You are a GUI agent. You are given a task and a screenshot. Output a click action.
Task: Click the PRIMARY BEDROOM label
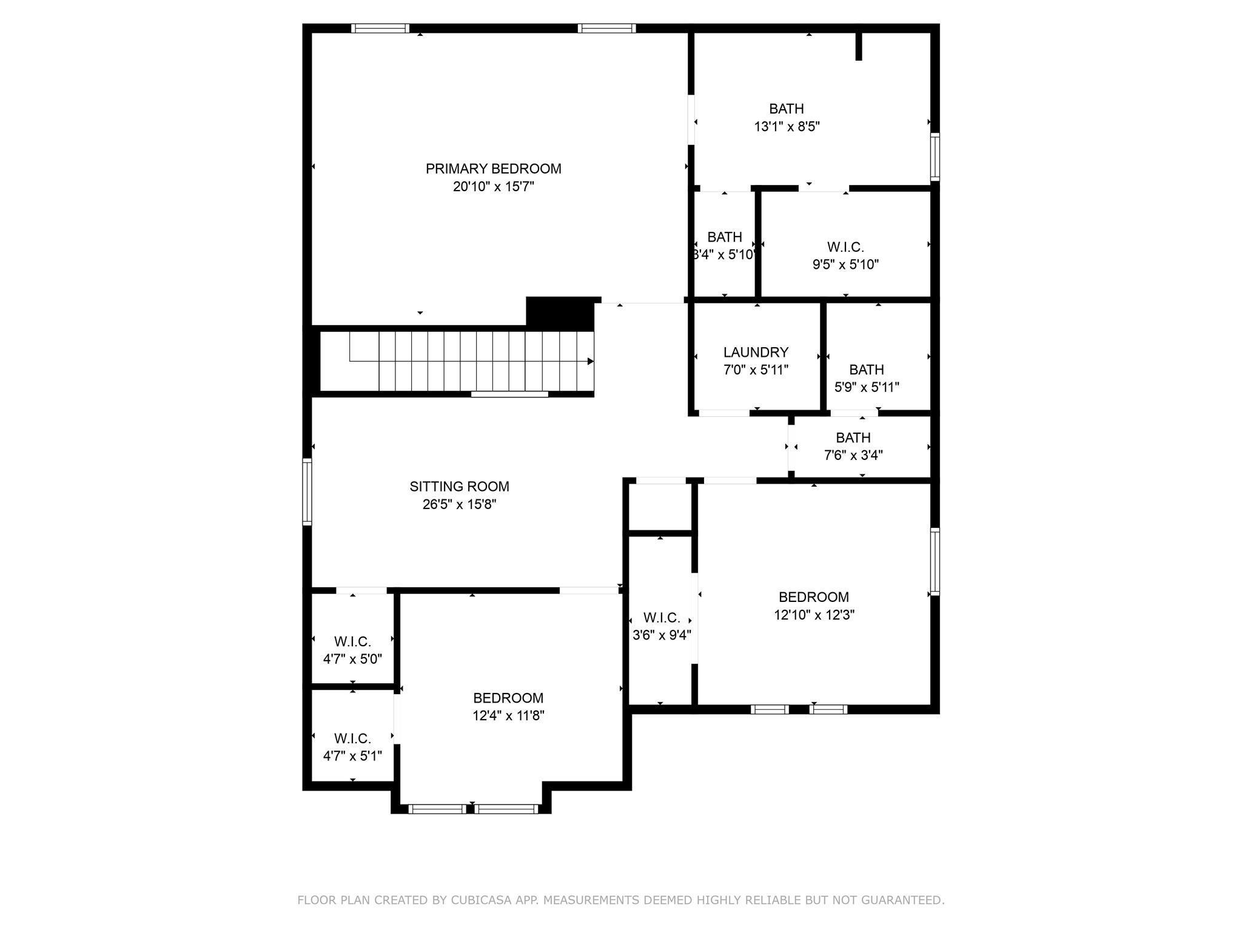(493, 169)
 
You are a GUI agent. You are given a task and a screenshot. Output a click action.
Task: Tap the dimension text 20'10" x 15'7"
(493, 187)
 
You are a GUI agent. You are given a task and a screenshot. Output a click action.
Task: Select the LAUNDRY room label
(756, 353)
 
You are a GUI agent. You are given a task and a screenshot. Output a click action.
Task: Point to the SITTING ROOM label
(459, 487)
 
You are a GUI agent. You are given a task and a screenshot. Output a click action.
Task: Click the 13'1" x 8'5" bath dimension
(787, 127)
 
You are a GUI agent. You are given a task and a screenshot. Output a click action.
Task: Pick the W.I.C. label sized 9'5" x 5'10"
(845, 248)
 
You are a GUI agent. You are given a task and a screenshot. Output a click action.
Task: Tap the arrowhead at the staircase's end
(590, 362)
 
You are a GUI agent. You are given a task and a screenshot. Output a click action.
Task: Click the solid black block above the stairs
(559, 313)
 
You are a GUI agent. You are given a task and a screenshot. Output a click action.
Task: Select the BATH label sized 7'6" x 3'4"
(853, 438)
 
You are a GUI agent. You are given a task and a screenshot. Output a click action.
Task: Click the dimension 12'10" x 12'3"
(814, 615)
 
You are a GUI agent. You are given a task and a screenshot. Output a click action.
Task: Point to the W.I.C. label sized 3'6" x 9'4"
(661, 618)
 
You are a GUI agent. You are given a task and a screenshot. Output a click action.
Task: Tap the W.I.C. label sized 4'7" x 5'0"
(352, 642)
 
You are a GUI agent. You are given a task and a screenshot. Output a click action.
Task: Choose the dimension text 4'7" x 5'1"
(352, 757)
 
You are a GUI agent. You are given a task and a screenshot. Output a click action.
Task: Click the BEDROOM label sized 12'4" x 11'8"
(508, 698)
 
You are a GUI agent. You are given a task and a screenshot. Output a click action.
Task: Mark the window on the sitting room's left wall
(307, 491)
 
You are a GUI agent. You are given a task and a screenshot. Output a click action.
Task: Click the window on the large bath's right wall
(935, 157)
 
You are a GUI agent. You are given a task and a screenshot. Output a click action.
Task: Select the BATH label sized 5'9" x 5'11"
(866, 370)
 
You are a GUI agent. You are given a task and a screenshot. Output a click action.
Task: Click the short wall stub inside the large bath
(858, 46)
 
